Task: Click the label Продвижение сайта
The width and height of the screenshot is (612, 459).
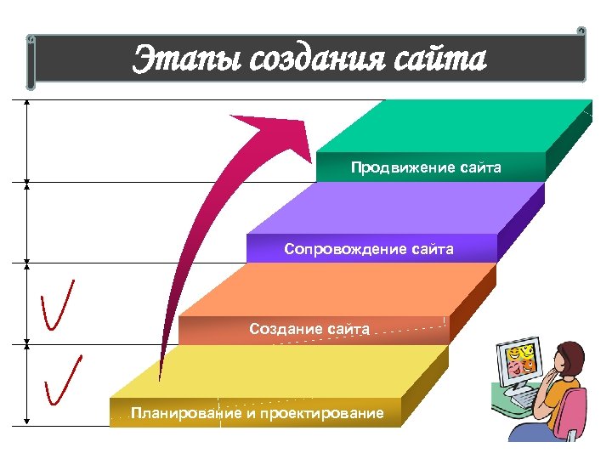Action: coord(426,167)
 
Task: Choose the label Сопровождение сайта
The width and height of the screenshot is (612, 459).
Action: coord(369,249)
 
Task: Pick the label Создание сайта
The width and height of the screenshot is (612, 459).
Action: coord(309,328)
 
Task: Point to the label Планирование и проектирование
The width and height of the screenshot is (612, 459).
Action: coord(257,414)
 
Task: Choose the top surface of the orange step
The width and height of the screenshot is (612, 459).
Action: coord(340,289)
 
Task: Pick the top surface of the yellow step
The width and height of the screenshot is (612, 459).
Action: coord(280,371)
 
